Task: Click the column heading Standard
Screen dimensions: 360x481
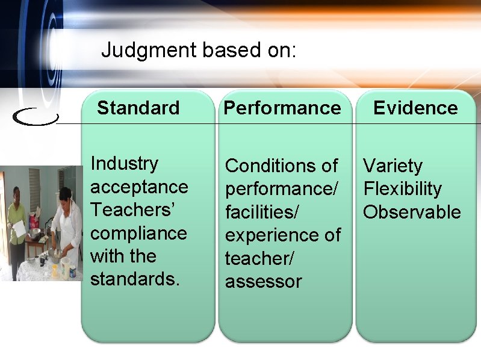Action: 138,108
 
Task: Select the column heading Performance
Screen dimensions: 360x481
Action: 282,108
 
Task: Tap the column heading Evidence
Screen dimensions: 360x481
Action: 415,108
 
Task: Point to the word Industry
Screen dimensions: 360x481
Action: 124,163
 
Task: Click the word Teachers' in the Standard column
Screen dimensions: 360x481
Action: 130,209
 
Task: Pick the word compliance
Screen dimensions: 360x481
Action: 138,233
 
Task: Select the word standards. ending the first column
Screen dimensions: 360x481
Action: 135,279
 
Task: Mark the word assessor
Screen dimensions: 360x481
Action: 263,281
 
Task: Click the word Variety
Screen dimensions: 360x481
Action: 393,166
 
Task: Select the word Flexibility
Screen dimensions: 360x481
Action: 402,189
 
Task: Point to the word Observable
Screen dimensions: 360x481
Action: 412,212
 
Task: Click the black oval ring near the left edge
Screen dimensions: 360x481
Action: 35,117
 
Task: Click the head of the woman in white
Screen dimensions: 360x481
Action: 64,196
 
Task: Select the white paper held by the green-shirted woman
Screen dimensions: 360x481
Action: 19,229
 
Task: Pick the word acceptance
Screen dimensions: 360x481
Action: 139,187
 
